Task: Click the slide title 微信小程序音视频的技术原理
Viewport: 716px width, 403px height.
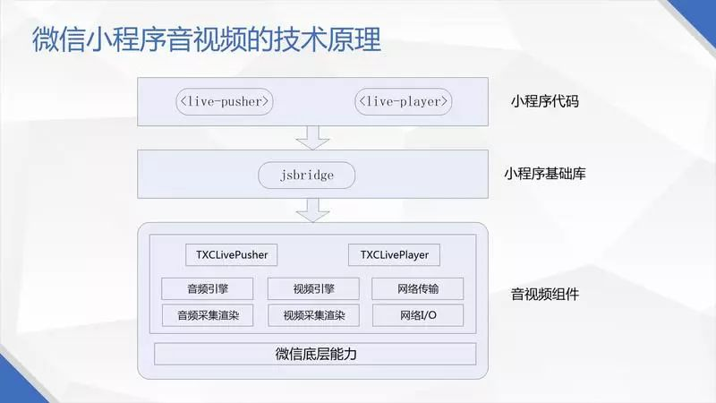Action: click(207, 40)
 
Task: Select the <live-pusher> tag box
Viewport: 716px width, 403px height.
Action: click(224, 101)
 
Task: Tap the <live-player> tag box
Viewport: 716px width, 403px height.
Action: click(403, 101)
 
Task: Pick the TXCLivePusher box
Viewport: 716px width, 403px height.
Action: click(232, 255)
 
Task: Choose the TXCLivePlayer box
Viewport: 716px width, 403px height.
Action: click(395, 255)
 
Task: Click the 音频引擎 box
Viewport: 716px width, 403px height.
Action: click(208, 289)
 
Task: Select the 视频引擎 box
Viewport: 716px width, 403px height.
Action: click(313, 289)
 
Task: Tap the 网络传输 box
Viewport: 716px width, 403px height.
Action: click(418, 289)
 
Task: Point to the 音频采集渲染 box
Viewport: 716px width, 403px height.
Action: click(208, 315)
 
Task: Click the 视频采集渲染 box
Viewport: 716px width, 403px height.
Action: click(313, 315)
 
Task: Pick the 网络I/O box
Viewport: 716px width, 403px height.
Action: click(418, 315)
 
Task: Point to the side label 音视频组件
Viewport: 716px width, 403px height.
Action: click(544, 294)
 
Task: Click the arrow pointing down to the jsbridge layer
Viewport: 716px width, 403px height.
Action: click(313, 137)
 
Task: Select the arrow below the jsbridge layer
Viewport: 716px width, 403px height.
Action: click(313, 210)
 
